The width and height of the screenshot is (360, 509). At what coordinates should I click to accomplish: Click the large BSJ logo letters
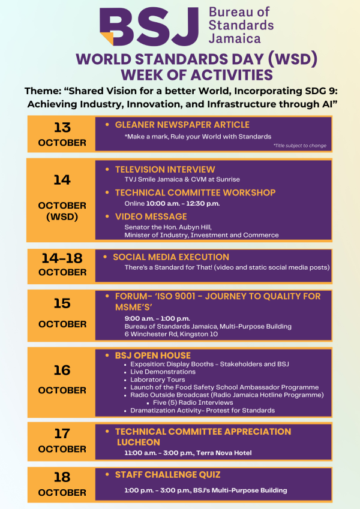(149, 26)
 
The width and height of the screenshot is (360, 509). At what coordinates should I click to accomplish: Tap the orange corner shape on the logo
(108, 38)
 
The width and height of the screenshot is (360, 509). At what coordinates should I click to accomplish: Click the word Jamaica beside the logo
(235, 38)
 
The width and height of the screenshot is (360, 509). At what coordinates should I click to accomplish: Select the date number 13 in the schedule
(62, 128)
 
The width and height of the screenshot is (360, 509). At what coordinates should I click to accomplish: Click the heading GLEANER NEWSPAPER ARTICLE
(182, 125)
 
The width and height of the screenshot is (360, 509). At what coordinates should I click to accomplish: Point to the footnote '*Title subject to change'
(299, 146)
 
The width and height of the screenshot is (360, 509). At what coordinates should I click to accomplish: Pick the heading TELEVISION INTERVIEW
(165, 170)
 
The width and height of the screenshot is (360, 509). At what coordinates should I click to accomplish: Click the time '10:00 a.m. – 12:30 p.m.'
(183, 203)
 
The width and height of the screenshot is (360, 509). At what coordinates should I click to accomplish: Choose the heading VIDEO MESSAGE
(151, 216)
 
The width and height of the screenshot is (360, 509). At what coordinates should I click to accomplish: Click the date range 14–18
(62, 258)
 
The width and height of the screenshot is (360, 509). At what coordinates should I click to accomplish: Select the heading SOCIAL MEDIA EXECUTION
(171, 257)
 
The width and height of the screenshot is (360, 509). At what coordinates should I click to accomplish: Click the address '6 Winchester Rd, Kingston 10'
(171, 334)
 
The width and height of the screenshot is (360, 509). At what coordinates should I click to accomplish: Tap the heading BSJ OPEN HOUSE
(153, 356)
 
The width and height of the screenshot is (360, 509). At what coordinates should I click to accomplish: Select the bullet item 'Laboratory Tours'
(158, 380)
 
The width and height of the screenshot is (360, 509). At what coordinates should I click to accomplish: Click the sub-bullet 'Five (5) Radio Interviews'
(193, 402)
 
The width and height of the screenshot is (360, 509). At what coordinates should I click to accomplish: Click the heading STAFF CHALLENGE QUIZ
(167, 475)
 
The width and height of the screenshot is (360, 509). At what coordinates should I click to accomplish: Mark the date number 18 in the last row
(62, 477)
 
